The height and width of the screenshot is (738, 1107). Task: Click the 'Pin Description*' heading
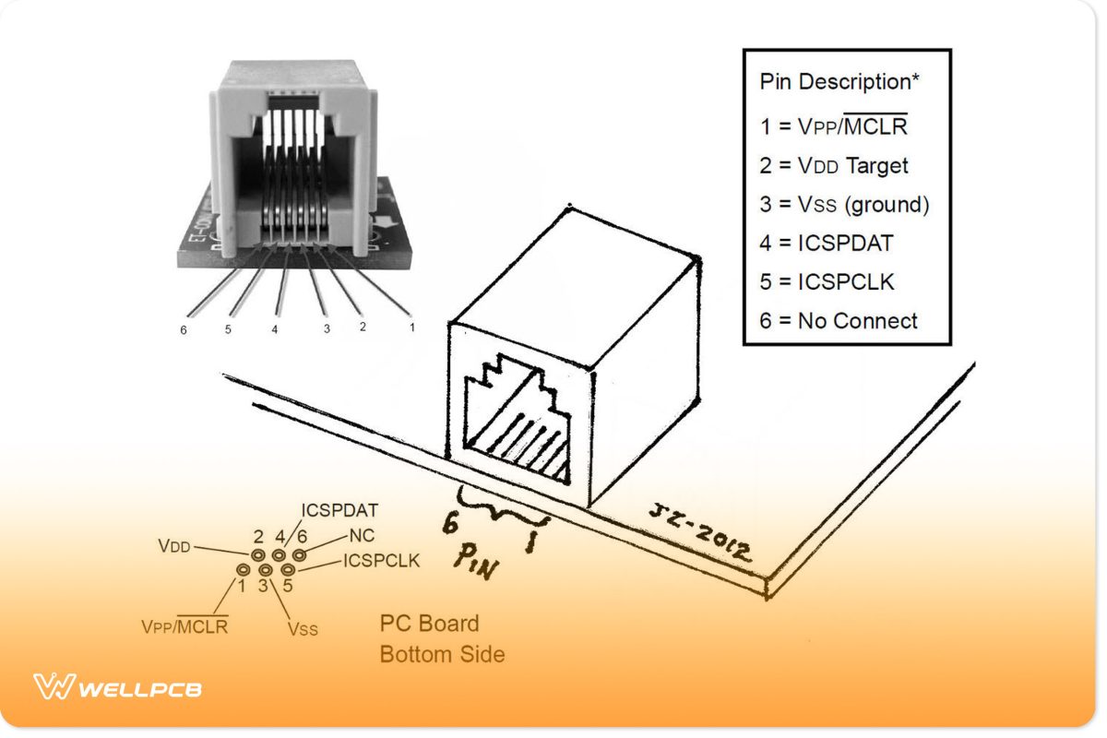pos(839,81)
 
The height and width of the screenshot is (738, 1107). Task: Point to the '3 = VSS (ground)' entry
pos(844,205)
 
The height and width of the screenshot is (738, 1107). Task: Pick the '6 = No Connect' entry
pos(839,321)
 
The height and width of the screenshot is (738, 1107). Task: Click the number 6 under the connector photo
pos(184,330)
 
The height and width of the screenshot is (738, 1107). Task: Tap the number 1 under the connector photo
pos(411,326)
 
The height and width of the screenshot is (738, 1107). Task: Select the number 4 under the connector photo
pos(274,329)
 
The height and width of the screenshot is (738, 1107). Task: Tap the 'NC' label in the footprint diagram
pos(360,536)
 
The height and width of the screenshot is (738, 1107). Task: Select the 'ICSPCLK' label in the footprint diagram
pos(381,560)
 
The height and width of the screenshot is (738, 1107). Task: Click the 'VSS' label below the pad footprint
pos(303,629)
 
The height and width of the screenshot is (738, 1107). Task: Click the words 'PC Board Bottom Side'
pos(442,638)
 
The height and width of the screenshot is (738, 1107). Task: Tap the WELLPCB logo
pos(117,687)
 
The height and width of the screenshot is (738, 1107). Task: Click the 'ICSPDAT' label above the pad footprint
pos(340,510)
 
